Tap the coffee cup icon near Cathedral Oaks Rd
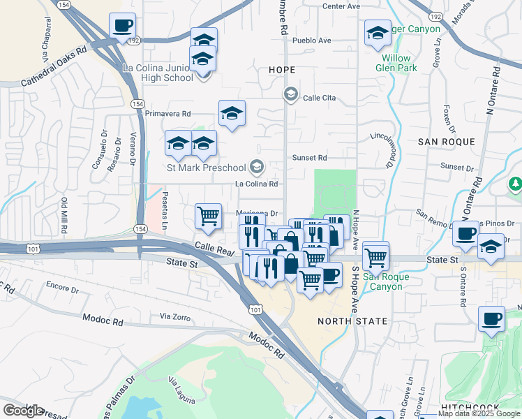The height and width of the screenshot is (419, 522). coord(123,27)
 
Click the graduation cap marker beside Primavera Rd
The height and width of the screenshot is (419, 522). coord(232,113)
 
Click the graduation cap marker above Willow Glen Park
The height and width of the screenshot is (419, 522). coord(377,33)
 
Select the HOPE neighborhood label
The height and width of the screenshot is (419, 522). coord(282,71)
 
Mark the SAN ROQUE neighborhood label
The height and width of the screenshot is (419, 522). coord(447,142)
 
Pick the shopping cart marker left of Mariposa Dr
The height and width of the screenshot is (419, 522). coord(208,216)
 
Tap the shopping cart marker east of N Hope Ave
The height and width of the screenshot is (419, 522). coord(376,256)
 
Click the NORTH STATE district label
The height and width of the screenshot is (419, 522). coord(352,321)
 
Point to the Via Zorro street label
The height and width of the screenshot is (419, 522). coord(174,317)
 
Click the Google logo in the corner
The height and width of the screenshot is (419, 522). coord(23,410)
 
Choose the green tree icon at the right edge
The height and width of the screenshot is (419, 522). coord(515,184)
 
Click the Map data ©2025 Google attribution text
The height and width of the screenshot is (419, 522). coord(479,413)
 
